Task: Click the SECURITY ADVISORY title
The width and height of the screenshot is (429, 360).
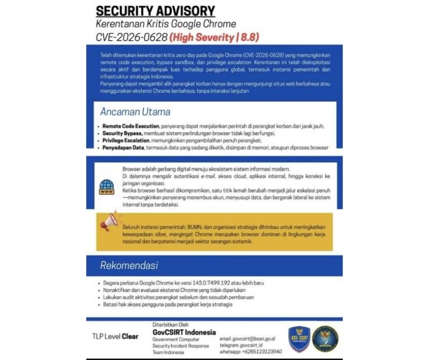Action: click(155, 11)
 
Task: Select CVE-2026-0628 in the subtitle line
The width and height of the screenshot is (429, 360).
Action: click(131, 38)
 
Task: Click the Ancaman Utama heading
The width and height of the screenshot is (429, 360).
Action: click(135, 112)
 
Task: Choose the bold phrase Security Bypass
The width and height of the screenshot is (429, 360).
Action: click(122, 133)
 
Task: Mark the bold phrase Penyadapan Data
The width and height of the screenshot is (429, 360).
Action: click(123, 147)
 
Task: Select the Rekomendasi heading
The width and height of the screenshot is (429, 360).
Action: click(129, 266)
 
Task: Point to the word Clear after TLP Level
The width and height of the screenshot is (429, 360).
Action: click(130, 337)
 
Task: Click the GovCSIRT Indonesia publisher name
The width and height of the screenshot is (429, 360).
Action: click(184, 332)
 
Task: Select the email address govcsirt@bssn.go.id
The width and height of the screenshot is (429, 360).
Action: click(255, 339)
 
